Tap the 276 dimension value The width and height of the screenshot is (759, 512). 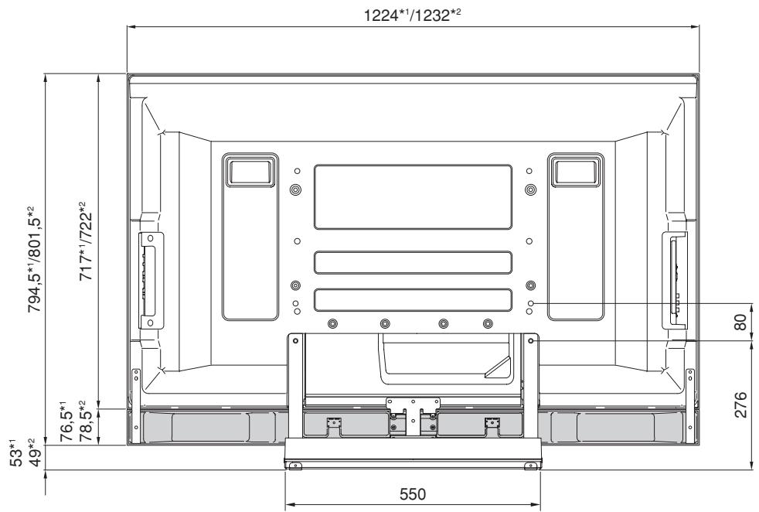coord(740,404)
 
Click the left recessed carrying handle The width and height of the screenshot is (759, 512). coord(249,169)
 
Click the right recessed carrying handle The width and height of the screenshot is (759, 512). coord(574,169)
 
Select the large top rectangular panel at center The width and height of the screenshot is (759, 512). coord(413,196)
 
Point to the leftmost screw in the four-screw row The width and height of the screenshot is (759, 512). coord(332,323)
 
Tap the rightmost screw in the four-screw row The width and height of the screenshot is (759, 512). coord(487,323)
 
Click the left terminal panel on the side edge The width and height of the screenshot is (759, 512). coord(150,278)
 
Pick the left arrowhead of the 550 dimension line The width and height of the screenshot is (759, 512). coord(288,507)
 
